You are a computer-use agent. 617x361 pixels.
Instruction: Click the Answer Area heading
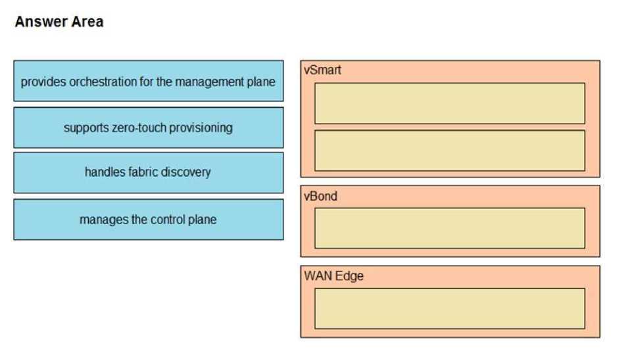click(59, 22)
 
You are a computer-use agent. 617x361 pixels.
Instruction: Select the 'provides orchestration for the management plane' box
click(148, 82)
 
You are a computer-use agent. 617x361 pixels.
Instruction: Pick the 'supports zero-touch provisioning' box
click(148, 128)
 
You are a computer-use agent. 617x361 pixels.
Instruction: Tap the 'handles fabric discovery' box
click(148, 172)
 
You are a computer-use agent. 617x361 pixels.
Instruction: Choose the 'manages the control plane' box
click(148, 220)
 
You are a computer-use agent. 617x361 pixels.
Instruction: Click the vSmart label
click(322, 70)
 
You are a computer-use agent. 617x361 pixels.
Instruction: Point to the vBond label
click(320, 196)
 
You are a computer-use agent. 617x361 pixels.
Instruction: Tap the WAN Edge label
click(333, 276)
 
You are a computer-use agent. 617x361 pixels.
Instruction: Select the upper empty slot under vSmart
click(449, 103)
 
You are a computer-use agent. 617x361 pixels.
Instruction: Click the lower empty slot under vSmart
click(449, 151)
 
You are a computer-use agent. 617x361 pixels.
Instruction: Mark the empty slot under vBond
click(449, 228)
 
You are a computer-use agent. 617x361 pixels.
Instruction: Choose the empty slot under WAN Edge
click(449, 308)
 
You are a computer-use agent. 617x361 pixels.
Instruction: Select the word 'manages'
click(103, 220)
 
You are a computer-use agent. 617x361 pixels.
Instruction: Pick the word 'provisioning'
click(201, 128)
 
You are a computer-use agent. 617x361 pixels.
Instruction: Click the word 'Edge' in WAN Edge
click(349, 276)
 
